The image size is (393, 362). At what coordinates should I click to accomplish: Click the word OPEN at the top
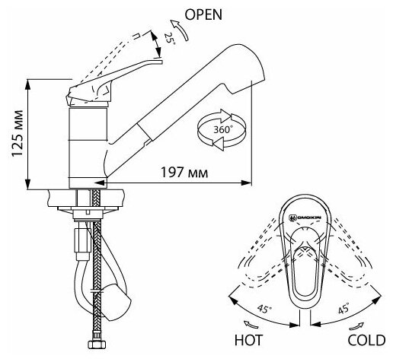[203, 14]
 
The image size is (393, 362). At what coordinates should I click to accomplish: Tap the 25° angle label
[169, 39]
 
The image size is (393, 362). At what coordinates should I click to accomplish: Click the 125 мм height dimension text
[18, 133]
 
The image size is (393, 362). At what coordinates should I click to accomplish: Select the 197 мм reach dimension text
[184, 173]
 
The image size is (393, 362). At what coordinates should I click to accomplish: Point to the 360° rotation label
[222, 129]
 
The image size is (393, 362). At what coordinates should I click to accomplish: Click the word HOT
[248, 340]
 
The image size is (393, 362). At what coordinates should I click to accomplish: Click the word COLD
[366, 340]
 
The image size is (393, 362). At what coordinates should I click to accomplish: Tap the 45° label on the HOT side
[264, 309]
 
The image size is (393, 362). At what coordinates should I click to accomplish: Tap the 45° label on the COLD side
[344, 308]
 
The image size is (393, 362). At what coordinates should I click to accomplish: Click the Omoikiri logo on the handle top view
[305, 218]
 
